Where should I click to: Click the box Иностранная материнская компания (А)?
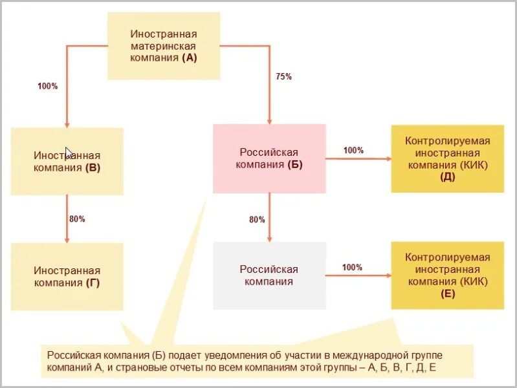[163, 45]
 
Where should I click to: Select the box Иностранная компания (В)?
[67, 162]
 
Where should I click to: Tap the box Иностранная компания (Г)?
[67, 276]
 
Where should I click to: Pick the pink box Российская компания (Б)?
[269, 158]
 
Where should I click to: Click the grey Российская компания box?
[269, 275]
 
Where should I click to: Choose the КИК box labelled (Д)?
[447, 158]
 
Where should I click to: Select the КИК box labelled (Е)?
[447, 275]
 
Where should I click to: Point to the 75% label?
[283, 76]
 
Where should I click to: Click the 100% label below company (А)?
[48, 86]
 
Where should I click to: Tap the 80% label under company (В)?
[77, 219]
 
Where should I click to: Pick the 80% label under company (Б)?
[257, 220]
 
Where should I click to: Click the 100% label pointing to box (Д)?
[353, 151]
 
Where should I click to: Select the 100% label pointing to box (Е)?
[352, 267]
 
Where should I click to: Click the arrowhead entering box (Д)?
[388, 158]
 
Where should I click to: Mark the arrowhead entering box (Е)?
[388, 275]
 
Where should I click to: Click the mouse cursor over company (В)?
[69, 153]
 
